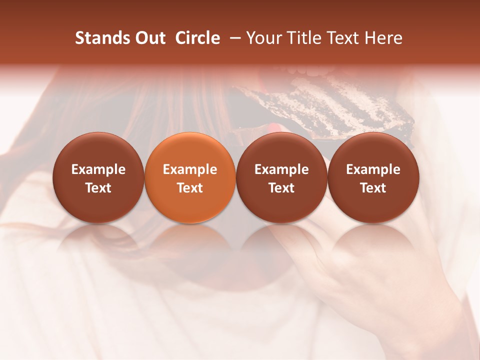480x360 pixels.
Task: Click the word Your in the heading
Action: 264,38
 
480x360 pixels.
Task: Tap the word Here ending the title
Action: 384,38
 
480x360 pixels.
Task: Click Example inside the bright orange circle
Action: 190,169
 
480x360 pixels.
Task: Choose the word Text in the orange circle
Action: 190,188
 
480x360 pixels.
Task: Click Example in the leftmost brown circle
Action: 98,169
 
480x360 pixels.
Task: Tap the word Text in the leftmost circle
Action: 98,188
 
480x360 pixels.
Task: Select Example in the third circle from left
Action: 281,169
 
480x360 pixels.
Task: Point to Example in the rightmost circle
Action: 373,169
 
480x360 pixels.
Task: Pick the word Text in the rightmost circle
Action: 373,188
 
